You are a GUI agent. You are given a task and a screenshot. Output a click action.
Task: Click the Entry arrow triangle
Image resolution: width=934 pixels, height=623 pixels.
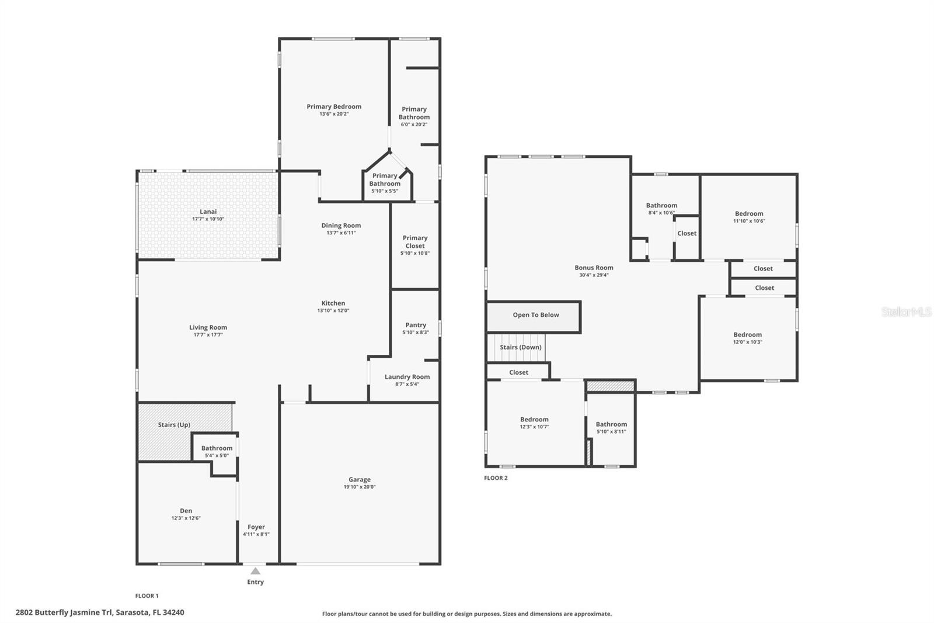[255, 571]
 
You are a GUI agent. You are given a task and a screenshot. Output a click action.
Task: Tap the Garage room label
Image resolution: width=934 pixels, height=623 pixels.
[360, 480]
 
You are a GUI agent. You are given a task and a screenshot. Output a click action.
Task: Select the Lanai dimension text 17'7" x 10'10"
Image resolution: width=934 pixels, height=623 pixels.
[208, 219]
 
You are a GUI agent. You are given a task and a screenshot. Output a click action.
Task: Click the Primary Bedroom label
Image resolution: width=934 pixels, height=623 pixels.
[334, 106]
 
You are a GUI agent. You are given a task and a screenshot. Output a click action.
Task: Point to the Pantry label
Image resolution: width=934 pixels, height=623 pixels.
[416, 325]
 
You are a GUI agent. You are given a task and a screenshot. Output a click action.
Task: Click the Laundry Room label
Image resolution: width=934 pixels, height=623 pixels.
[407, 377]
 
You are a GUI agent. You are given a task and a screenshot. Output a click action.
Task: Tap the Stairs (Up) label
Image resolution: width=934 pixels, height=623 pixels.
[174, 425]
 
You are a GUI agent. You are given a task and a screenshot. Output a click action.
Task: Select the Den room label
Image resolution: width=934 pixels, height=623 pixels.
[186, 511]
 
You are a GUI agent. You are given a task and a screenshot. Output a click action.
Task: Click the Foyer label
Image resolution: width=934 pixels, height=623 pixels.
[256, 527]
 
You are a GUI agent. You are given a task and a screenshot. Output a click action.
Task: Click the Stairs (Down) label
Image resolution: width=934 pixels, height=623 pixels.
[521, 347]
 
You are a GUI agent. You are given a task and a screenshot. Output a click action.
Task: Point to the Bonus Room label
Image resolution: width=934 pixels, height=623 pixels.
[594, 268]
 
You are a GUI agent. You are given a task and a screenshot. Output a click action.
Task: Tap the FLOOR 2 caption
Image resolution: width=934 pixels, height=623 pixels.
[496, 478]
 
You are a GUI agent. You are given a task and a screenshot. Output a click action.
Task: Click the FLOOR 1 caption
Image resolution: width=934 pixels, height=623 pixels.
[147, 596]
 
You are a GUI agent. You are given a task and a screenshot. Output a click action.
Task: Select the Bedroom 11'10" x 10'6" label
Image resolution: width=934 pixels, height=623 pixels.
[749, 214]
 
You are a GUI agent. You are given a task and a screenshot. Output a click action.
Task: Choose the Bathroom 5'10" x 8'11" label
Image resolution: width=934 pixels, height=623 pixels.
[611, 424]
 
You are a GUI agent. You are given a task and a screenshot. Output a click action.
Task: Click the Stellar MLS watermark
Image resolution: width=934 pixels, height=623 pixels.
[906, 312]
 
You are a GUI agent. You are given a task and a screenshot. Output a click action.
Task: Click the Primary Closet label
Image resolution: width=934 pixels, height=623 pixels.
[415, 242]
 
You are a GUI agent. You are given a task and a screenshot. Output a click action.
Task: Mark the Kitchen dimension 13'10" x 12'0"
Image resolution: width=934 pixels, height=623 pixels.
[333, 311]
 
